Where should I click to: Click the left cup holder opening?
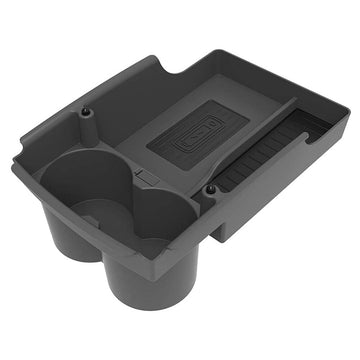pos(85,185)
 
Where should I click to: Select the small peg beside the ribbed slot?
pos(210,189)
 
